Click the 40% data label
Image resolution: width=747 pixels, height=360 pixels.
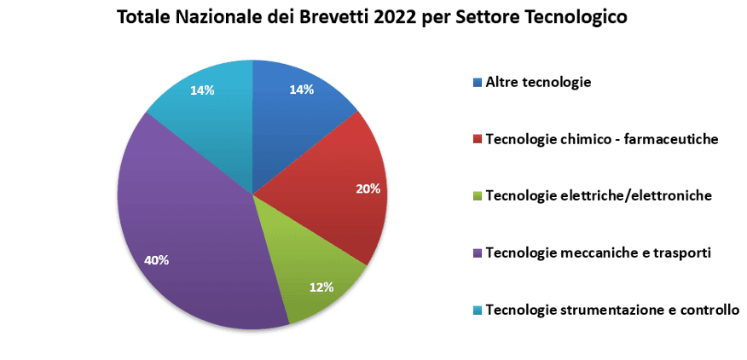(x=157, y=260)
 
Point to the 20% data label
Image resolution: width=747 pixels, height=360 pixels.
(x=368, y=189)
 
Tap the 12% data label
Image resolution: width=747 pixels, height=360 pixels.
(x=321, y=287)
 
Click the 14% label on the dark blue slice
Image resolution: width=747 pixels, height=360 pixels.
(x=302, y=90)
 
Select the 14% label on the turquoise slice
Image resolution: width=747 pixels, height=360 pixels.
(x=202, y=90)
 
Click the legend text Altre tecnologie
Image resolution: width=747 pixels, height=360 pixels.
(x=538, y=83)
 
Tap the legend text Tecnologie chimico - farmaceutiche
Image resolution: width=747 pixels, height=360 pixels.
(x=601, y=139)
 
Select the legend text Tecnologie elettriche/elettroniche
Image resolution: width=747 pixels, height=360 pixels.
(x=599, y=196)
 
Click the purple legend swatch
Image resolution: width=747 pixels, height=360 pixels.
(x=478, y=253)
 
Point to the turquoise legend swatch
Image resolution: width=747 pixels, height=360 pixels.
(x=478, y=311)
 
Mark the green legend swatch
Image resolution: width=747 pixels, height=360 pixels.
(x=478, y=196)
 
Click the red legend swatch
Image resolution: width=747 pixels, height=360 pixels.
(x=478, y=140)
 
